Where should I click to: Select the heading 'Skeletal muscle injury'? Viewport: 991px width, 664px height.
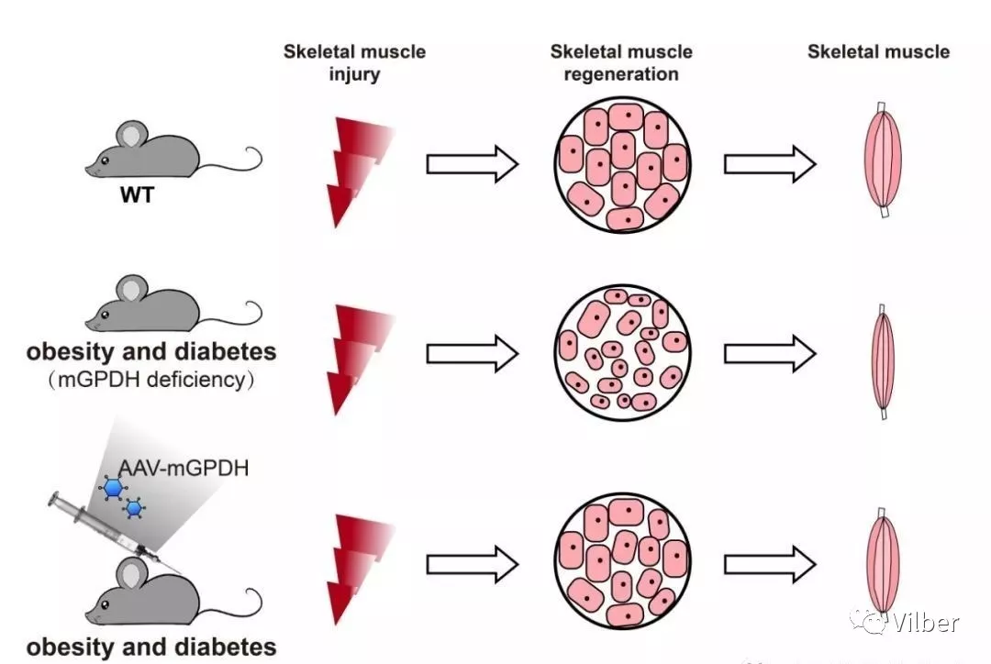[x=354, y=62]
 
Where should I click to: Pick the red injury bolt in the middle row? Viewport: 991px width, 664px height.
[x=355, y=358]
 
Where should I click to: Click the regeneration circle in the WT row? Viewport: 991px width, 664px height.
[x=624, y=165]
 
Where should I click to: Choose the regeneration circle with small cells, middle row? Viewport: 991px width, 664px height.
[x=624, y=354]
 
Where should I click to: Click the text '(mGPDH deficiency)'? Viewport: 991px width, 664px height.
[x=151, y=380]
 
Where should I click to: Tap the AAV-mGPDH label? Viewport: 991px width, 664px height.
[x=183, y=469]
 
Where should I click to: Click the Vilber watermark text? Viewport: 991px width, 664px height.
[x=924, y=623]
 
